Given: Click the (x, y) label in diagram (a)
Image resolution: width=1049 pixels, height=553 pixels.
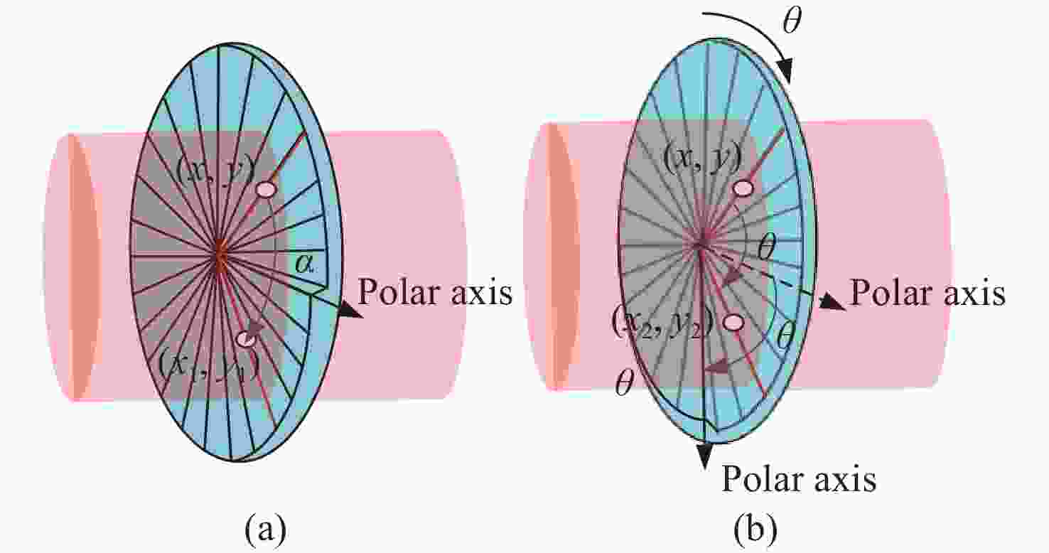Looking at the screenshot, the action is click(x=216, y=168).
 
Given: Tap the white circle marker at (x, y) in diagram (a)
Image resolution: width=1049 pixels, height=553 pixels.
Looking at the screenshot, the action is click(x=266, y=190).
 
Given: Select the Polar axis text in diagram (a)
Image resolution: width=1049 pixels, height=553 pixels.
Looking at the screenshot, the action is click(x=435, y=292).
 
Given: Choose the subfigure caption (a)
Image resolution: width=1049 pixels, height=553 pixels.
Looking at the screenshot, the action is click(x=266, y=530).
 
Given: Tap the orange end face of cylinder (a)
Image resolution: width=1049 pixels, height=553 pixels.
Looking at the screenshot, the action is click(x=85, y=267).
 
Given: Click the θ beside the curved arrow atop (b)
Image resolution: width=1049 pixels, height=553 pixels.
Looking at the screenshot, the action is click(x=792, y=21).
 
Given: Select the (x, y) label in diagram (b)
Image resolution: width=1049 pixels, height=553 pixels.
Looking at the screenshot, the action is click(x=703, y=159).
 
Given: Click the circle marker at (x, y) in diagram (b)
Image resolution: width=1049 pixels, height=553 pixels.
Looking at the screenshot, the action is click(x=743, y=188).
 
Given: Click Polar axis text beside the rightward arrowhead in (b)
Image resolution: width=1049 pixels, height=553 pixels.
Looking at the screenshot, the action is click(x=927, y=293).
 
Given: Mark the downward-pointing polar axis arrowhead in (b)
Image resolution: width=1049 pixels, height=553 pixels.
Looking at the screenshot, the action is click(x=705, y=456).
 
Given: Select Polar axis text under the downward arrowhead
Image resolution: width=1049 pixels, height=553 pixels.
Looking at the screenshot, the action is click(x=799, y=478).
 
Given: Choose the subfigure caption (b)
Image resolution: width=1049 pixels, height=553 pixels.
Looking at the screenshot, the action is click(x=755, y=530).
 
